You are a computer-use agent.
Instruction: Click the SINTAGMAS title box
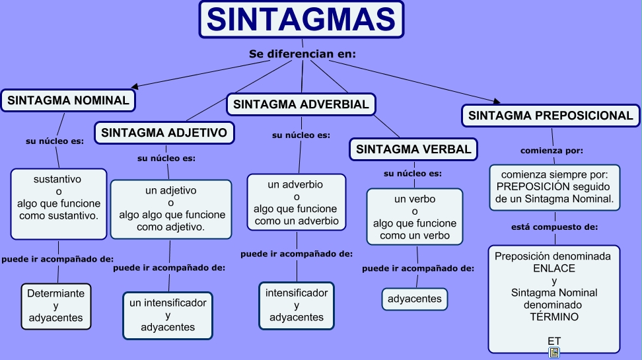click(x=301, y=19)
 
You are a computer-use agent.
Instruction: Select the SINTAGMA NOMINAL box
click(x=68, y=100)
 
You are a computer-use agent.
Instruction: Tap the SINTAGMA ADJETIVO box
click(x=164, y=133)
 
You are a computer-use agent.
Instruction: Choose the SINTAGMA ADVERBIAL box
click(x=301, y=104)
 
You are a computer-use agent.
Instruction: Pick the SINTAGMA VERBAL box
click(x=413, y=149)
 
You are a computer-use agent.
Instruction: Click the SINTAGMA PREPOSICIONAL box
click(x=551, y=116)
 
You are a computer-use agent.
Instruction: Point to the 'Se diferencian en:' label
click(x=303, y=54)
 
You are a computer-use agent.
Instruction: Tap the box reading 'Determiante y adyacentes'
click(x=56, y=306)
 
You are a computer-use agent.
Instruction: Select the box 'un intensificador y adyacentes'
click(x=168, y=315)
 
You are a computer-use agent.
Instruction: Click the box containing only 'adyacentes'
click(x=415, y=299)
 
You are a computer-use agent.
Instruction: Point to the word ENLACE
click(x=554, y=268)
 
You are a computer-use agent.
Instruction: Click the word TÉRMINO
click(x=554, y=316)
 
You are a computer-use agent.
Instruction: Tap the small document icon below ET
click(x=554, y=352)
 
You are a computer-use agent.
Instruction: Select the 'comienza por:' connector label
click(x=552, y=151)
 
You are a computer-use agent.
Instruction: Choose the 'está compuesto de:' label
click(x=554, y=227)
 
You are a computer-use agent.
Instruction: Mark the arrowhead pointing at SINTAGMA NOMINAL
click(x=134, y=86)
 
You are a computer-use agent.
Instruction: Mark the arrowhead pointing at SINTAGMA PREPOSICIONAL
click(x=497, y=101)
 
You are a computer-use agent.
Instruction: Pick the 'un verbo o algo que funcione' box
click(x=415, y=217)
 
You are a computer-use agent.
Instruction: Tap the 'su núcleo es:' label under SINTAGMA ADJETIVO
click(x=166, y=158)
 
